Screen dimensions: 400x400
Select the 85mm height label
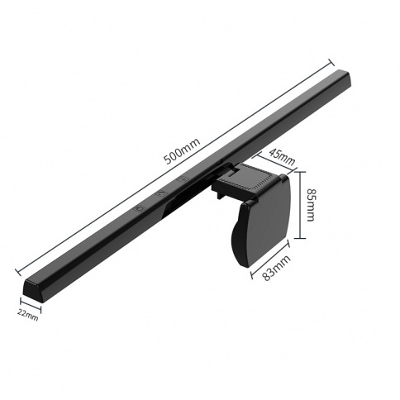pos(311,205)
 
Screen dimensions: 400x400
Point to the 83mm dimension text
pos(276,268)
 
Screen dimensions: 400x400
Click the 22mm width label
pos(27,316)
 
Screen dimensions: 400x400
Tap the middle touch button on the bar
pos(162,193)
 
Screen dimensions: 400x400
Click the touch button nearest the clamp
pos(183,179)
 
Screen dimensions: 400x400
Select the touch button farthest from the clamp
pos(140,208)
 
